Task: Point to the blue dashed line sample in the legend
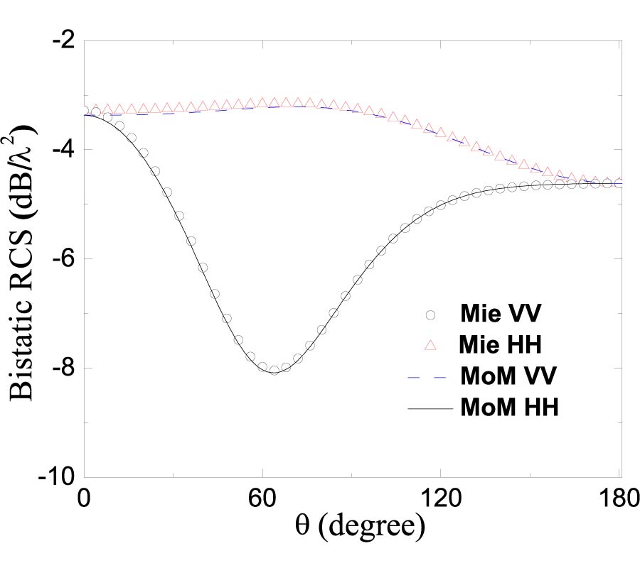[430, 377]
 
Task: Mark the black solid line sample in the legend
[430, 408]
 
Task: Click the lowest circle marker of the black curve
[274, 369]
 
